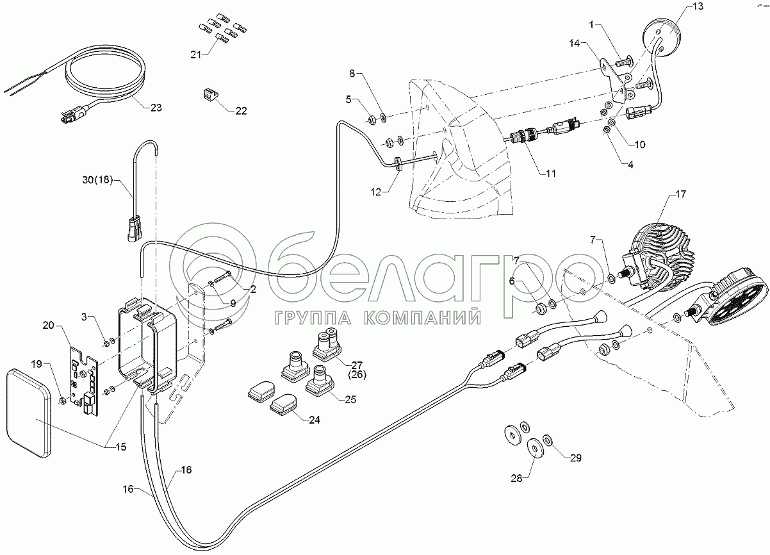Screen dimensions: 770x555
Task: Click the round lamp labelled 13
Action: point(660,31)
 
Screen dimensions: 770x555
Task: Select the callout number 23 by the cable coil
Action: point(156,108)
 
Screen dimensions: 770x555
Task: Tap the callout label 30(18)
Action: point(97,181)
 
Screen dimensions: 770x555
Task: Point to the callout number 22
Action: point(241,110)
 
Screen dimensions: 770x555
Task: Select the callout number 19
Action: point(37,364)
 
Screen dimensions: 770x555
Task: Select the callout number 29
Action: point(575,458)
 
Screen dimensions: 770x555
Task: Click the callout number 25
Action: point(350,400)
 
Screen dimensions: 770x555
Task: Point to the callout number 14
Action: point(574,43)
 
